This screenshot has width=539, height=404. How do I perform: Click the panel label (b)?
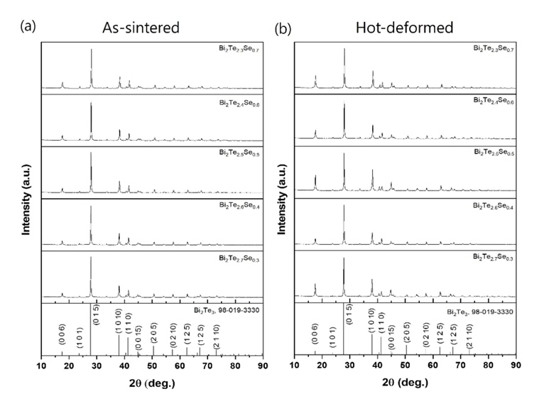[283, 30]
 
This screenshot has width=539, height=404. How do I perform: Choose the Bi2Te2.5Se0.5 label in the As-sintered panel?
[239, 153]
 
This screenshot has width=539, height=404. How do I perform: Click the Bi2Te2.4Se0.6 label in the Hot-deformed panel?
[494, 102]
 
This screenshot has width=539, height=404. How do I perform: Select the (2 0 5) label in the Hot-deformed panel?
[406, 332]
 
